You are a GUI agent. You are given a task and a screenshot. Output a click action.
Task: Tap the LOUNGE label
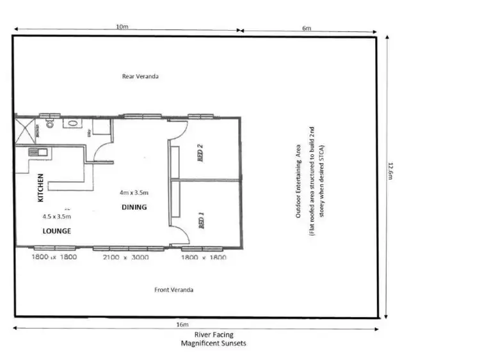[57, 231]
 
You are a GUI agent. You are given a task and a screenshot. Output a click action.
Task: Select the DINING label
[134, 207]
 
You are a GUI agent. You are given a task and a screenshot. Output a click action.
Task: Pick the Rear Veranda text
[140, 76]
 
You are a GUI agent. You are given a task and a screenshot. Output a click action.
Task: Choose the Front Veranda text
[174, 290]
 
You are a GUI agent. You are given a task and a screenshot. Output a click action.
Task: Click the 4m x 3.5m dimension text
[134, 192]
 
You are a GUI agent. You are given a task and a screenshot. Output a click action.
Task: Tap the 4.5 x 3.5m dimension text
[56, 217]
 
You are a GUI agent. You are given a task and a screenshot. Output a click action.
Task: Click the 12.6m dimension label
[390, 171]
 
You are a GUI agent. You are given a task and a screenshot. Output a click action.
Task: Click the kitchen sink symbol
[35, 152]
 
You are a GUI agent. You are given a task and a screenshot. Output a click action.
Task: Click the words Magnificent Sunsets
[214, 343]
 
